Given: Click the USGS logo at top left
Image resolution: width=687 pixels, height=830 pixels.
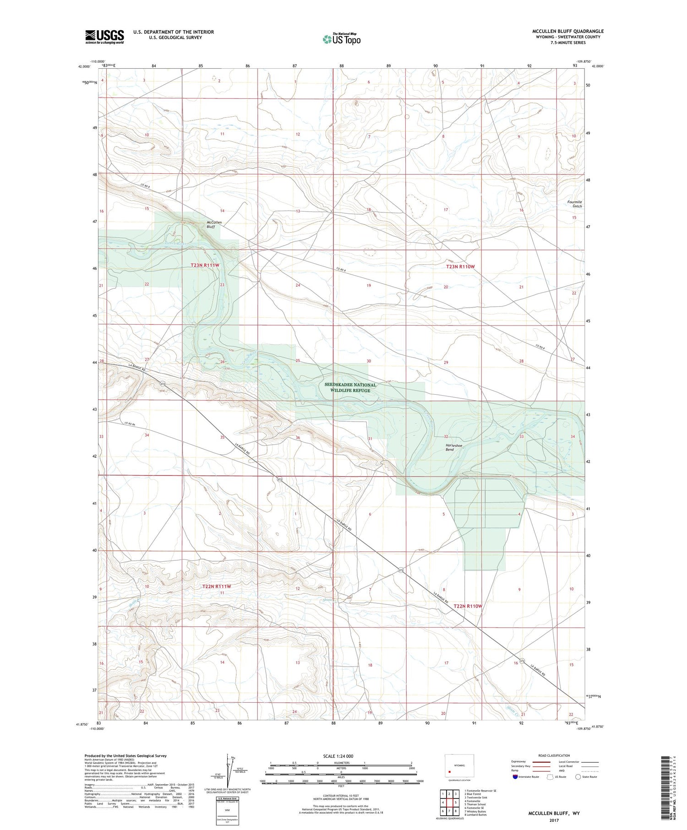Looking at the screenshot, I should (104, 37).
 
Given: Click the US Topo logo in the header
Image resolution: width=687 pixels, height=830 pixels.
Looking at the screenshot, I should (341, 39).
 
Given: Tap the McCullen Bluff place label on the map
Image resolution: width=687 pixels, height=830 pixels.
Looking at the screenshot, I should (214, 224).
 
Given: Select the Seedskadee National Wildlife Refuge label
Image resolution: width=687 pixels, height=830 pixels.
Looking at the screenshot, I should (350, 387).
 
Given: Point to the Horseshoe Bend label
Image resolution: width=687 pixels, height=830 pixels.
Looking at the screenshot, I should (450, 447).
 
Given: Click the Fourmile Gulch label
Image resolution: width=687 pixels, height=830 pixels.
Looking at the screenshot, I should (574, 204).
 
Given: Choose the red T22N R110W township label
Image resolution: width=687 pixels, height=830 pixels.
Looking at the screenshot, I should (468, 606).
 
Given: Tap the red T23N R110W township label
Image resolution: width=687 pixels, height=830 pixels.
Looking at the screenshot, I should (460, 266).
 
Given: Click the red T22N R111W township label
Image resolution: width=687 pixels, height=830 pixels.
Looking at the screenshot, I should (217, 586).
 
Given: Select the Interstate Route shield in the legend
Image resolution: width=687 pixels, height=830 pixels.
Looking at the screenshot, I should (515, 777).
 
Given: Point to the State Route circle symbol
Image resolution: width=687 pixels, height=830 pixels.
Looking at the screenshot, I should (578, 777).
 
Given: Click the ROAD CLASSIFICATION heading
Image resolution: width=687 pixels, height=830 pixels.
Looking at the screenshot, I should (554, 755).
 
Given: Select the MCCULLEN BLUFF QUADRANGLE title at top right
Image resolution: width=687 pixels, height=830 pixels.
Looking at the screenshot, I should (568, 31).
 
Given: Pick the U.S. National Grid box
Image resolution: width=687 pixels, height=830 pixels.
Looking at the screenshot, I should (228, 811).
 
